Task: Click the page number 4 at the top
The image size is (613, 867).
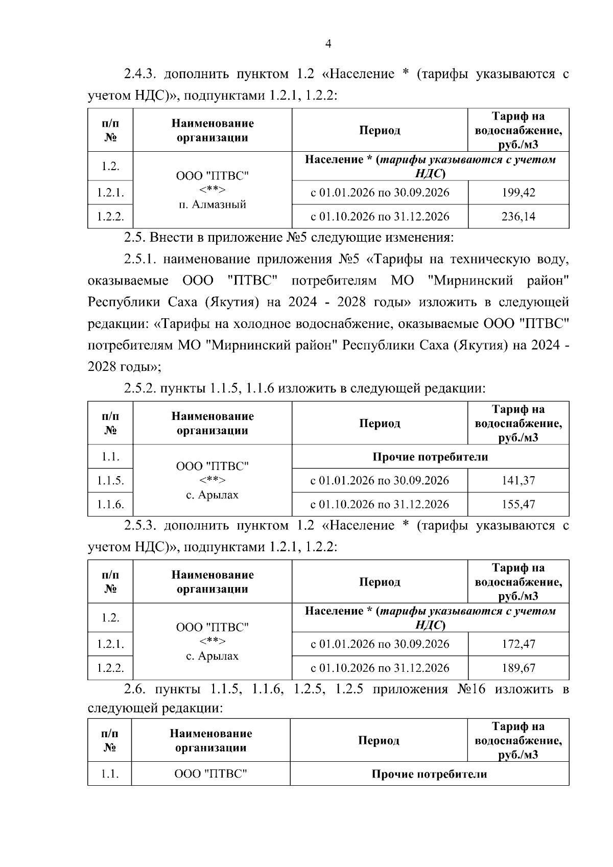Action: coord(328,44)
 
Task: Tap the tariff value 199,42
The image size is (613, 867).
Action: coord(518,193)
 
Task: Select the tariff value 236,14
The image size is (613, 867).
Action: coord(518,217)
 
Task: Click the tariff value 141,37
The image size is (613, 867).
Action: coord(518,481)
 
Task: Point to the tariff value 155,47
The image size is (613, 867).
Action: coord(518,505)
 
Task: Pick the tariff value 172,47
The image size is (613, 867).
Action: coord(518,644)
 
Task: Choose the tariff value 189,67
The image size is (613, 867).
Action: coord(518,668)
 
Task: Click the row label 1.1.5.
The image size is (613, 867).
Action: coord(110,481)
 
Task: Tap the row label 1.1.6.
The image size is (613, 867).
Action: coord(110,505)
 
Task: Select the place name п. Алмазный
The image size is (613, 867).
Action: coord(213,204)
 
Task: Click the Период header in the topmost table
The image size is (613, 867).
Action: coord(380,130)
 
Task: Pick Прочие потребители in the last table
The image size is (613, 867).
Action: coord(429,774)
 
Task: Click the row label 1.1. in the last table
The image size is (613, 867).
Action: coord(109,774)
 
